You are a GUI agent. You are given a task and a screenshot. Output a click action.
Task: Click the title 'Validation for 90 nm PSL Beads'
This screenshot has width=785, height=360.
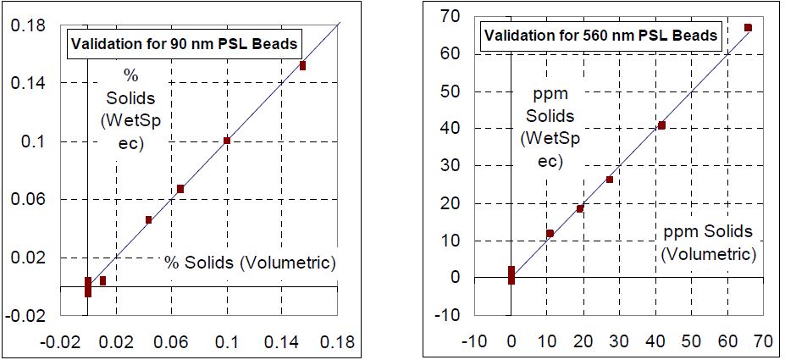click(x=184, y=44)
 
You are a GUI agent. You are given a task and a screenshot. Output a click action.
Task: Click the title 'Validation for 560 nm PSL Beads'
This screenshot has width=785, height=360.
click(x=600, y=36)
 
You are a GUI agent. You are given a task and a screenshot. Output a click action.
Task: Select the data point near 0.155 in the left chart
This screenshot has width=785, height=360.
click(x=302, y=65)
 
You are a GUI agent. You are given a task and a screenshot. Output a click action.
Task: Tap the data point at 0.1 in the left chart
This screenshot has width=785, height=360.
click(x=227, y=141)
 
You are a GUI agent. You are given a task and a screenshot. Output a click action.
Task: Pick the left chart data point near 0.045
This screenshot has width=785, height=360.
click(x=148, y=219)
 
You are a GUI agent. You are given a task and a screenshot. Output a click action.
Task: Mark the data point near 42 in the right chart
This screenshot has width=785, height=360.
click(x=661, y=125)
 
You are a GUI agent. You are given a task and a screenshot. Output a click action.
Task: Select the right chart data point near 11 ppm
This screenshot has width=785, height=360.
click(x=550, y=233)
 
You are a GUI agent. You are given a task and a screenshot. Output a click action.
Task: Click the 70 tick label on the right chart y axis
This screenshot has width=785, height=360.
click(x=449, y=16)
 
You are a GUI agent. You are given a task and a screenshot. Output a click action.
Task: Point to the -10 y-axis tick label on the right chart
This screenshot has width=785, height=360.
click(x=445, y=315)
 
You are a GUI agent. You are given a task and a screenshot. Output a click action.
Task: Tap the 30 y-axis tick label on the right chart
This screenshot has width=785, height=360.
click(x=449, y=165)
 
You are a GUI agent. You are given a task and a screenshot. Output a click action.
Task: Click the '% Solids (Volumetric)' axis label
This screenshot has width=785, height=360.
click(x=250, y=263)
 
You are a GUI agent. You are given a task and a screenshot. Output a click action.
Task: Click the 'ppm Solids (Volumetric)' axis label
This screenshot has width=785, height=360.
click(x=707, y=242)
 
